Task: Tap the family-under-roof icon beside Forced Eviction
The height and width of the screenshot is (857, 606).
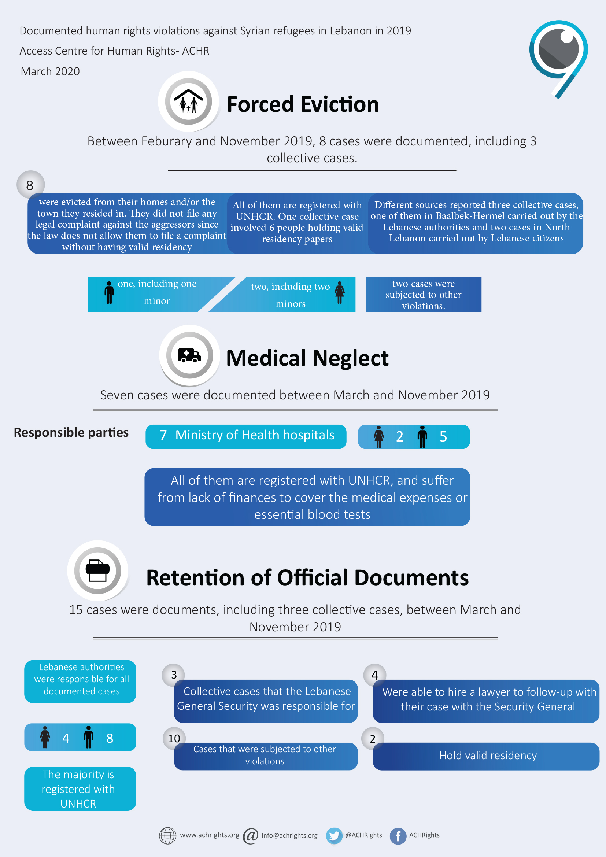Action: click(189, 101)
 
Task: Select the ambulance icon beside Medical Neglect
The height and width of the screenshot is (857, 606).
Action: click(189, 355)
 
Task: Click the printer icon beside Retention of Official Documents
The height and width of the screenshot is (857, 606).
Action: click(98, 570)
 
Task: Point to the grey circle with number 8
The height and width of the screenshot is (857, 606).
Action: click(30, 185)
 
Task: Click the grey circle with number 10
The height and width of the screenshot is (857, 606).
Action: click(174, 738)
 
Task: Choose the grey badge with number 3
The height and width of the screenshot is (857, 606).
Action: click(174, 675)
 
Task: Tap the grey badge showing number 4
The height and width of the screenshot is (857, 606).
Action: click(375, 675)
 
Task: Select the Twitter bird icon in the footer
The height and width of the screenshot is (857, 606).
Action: click(334, 835)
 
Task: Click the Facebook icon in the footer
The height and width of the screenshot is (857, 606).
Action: click(398, 836)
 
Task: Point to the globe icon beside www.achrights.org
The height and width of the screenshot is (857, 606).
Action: click(167, 835)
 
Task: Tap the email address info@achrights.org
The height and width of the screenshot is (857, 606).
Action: click(289, 835)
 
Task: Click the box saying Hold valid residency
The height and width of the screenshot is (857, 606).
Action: click(486, 756)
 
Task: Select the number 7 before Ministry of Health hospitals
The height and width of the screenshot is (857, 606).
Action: click(163, 435)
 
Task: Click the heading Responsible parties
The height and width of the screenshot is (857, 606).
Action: click(71, 432)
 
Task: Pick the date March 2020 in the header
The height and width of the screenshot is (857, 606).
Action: click(50, 71)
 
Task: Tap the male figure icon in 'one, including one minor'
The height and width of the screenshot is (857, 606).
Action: click(109, 293)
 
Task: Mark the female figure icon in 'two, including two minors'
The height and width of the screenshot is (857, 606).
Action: click(340, 292)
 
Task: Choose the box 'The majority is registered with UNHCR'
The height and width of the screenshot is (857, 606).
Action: click(80, 788)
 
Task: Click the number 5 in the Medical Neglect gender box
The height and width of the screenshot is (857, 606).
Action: click(443, 436)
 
